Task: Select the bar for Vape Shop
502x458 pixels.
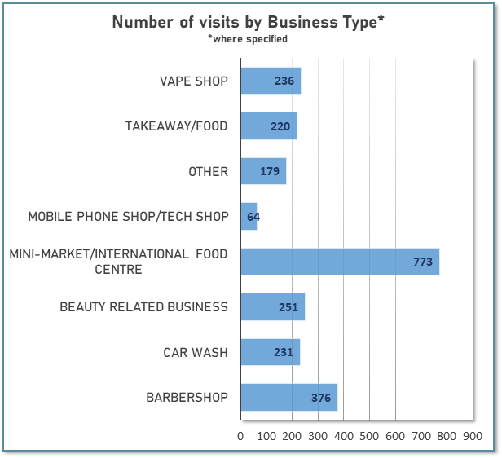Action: pyautogui.click(x=271, y=81)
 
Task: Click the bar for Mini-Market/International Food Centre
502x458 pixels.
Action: pyautogui.click(x=340, y=262)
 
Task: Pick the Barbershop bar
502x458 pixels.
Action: pyautogui.click(x=288, y=398)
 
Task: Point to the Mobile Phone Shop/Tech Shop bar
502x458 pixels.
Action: pyautogui.click(x=249, y=217)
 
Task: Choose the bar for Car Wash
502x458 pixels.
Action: pyautogui.click(x=270, y=352)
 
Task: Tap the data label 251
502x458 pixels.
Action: pyautogui.click(x=288, y=307)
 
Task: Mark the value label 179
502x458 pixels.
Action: pyautogui.click(x=270, y=172)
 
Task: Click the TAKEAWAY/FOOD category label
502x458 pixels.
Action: pyautogui.click(x=176, y=126)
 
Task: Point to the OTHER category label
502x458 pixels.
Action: pyautogui.click(x=208, y=172)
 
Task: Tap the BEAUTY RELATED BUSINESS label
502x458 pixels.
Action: pyautogui.click(x=144, y=307)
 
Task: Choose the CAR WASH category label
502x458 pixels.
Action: pyautogui.click(x=195, y=352)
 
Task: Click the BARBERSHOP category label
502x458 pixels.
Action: pyautogui.click(x=187, y=398)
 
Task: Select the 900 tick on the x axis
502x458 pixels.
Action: pyautogui.click(x=473, y=437)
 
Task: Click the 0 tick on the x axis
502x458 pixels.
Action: pyautogui.click(x=240, y=437)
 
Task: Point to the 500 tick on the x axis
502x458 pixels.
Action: pyautogui.click(x=369, y=437)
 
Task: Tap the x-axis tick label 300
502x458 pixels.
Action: pyautogui.click(x=318, y=437)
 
